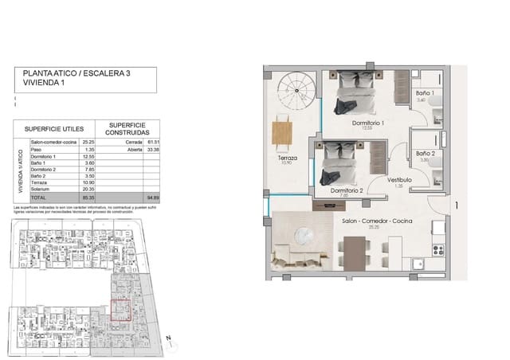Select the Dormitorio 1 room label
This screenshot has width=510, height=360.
[369, 124]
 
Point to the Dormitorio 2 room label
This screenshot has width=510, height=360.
[343, 190]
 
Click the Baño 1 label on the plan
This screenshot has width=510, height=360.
[425, 94]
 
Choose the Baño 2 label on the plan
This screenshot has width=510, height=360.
[425, 152]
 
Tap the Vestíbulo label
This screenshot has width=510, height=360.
[400, 180]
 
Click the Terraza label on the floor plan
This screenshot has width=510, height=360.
[287, 158]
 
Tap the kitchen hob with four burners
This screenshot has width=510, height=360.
[437, 250]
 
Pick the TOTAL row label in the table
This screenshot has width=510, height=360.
[38, 196]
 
